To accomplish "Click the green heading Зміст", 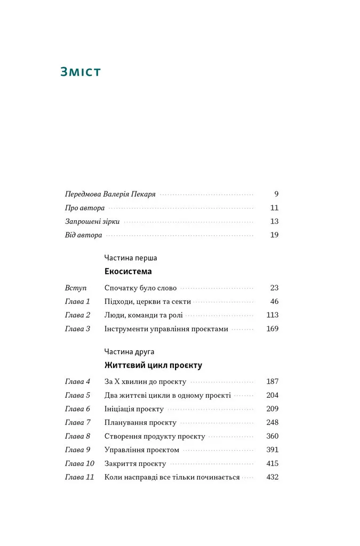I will [82, 71].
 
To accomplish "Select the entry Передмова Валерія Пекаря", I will [110, 194].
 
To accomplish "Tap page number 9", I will [276, 194].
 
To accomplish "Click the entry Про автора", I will [84, 208].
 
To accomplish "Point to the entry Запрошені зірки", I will [92, 221].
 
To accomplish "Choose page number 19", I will [274, 235].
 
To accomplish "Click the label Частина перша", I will [131, 258].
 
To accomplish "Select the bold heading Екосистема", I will [128, 271].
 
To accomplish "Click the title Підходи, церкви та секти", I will [147, 301].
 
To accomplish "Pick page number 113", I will [272, 315].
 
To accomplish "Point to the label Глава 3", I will [77, 329].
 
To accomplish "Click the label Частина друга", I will [130, 352].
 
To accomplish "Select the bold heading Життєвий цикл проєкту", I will [153, 366].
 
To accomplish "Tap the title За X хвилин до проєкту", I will [145, 382].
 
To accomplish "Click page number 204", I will [272, 396].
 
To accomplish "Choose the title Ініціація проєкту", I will [134, 409].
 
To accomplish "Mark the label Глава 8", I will [77, 436].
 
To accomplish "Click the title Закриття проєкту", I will [135, 464].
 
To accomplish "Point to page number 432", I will [272, 477].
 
